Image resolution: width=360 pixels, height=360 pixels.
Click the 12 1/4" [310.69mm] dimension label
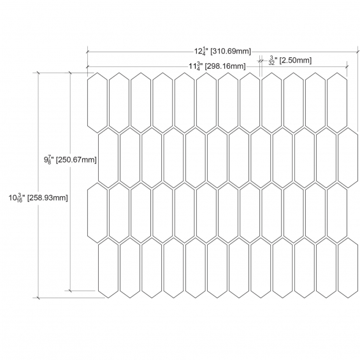click(x=223, y=51)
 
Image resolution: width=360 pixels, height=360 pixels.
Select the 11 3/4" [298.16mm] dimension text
click(x=217, y=66)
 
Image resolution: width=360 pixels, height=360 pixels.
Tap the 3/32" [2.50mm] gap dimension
click(x=290, y=61)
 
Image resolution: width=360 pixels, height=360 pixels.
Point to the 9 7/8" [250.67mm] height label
click(x=70, y=159)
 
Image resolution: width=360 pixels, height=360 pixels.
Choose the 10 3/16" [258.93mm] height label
click(x=38, y=198)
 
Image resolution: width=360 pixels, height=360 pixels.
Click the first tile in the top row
click(x=97, y=103)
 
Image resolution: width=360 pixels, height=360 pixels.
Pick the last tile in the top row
click(x=337, y=103)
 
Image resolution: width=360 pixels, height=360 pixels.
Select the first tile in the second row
click(x=108, y=158)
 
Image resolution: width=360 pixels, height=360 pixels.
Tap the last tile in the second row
click(x=348, y=158)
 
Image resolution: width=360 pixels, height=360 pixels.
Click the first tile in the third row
click(x=97, y=213)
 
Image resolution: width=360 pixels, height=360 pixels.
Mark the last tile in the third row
click(x=337, y=213)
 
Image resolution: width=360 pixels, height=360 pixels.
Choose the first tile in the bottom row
click(x=108, y=268)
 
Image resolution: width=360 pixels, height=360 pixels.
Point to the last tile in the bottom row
click(x=348, y=268)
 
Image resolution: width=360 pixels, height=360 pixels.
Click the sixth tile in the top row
click(x=206, y=103)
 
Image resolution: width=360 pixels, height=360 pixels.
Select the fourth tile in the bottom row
click(x=173, y=268)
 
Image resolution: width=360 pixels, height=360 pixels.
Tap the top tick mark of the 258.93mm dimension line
click(x=38, y=73)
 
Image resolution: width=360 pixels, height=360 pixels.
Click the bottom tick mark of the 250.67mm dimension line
click(x=70, y=291)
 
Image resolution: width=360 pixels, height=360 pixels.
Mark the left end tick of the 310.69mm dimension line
click(x=87, y=52)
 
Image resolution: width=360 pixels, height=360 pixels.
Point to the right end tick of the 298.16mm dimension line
click(x=347, y=66)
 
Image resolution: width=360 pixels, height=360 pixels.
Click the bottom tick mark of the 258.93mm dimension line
click(x=38, y=298)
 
